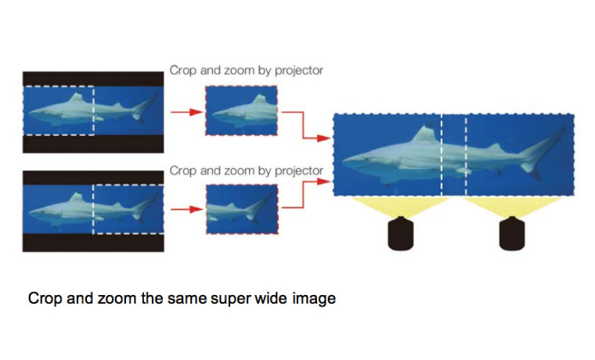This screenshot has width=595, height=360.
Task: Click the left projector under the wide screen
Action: pos(400,233)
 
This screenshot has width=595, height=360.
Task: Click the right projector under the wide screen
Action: pos(512,233)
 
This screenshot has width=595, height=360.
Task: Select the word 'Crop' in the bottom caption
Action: pos(45,298)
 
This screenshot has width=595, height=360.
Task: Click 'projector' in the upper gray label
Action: pos(298,70)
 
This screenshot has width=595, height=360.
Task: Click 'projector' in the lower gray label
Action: pos(298,171)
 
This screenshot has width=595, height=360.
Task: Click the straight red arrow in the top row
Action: pos(186,112)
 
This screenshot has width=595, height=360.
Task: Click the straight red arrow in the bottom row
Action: pos(186,209)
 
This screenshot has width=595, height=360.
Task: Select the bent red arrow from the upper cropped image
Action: pos(303,125)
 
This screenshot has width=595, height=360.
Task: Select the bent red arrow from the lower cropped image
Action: pos(303,194)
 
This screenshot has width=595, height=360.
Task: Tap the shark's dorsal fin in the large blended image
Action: pos(426,133)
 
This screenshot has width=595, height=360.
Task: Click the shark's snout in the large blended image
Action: pos(347,161)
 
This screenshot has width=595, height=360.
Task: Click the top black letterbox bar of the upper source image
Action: pos(93,79)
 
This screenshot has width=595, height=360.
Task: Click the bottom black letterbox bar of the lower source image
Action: pos(93,243)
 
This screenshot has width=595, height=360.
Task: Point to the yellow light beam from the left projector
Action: pos(400,207)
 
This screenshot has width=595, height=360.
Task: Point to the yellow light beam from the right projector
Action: pos(512,207)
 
